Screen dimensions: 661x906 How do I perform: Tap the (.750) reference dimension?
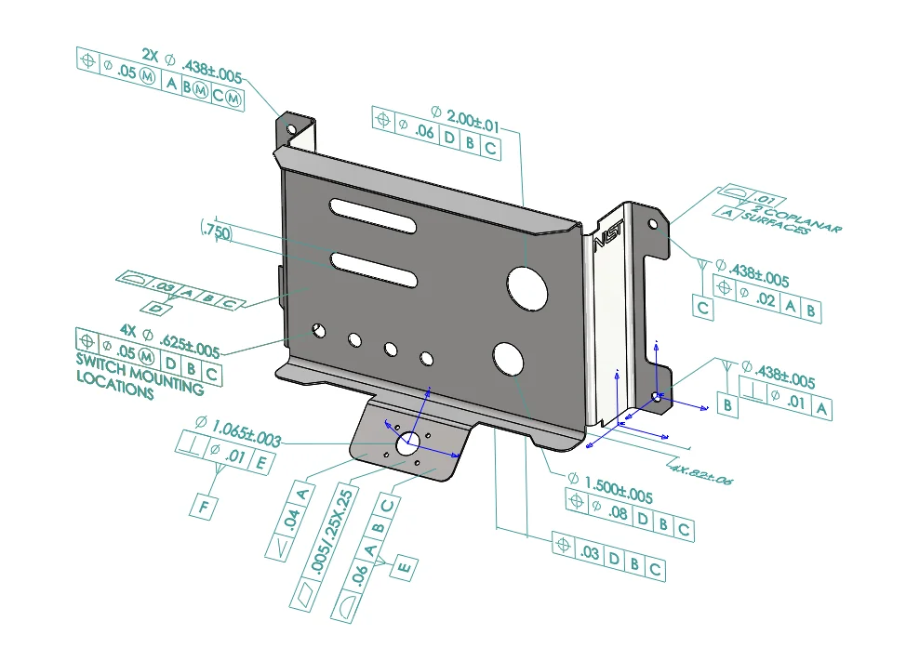pos(216,231)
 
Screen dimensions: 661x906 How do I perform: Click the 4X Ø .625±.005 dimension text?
pos(169,341)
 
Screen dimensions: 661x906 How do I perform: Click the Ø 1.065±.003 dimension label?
pos(238,432)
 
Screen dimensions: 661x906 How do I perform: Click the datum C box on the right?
pos(704,308)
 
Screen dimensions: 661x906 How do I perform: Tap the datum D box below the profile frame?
pos(160,308)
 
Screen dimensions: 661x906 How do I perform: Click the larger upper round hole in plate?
pos(526,286)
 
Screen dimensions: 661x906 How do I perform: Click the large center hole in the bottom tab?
pos(409,445)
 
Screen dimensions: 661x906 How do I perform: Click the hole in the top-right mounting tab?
pos(652,224)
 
